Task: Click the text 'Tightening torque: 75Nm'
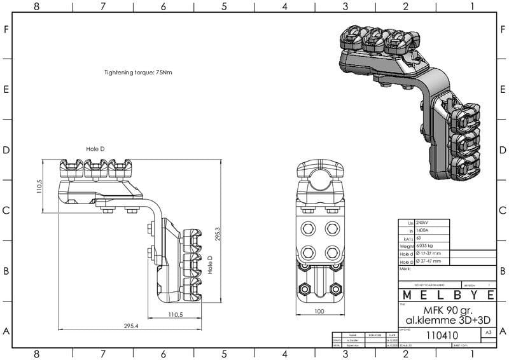[138, 73]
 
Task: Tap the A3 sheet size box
[488, 333]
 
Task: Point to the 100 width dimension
[319, 311]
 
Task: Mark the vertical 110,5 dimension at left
[39, 186]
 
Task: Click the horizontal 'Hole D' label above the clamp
[95, 149]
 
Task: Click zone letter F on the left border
[6, 29]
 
